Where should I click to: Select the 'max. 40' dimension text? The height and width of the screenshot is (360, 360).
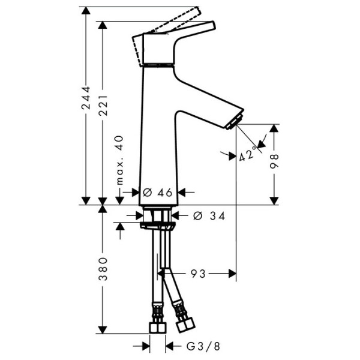(x=119, y=160)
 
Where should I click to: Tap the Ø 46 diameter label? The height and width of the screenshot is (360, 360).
(x=158, y=192)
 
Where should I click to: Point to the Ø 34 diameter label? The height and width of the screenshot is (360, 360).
(x=209, y=215)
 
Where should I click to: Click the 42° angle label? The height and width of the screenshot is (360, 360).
(x=247, y=154)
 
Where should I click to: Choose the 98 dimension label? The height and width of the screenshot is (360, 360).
(x=275, y=161)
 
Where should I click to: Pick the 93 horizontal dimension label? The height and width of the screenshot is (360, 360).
(x=199, y=274)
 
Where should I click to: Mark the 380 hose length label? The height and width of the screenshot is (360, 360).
(x=103, y=270)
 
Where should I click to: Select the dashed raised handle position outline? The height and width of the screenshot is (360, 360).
(x=174, y=19)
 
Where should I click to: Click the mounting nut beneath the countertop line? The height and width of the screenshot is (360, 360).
(x=159, y=226)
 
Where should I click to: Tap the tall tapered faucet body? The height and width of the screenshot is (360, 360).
(x=159, y=132)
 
